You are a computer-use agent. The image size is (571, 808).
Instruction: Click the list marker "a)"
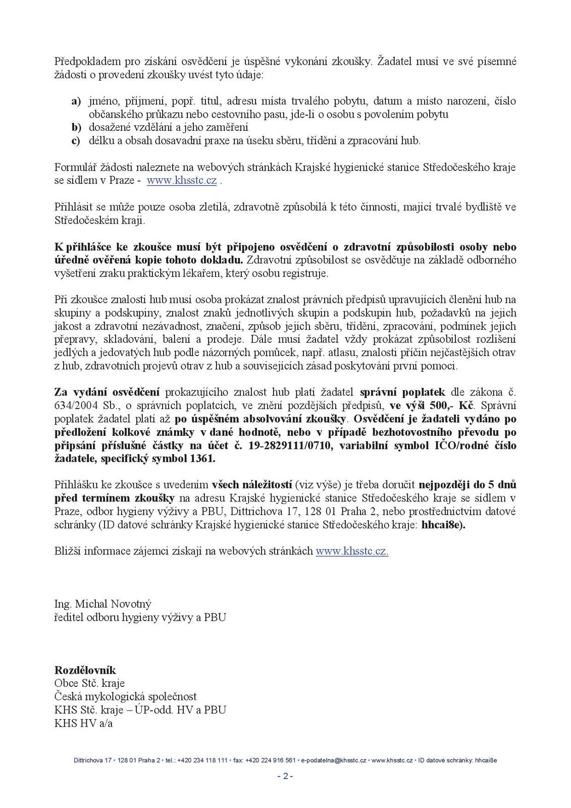[x=76, y=101]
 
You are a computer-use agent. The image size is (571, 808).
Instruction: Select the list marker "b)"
[x=76, y=127]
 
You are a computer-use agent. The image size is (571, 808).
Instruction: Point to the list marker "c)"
[x=76, y=140]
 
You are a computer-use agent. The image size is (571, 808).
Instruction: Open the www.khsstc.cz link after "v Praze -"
[x=182, y=180]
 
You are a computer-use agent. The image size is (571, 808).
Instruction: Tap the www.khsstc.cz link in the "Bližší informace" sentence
[x=352, y=551]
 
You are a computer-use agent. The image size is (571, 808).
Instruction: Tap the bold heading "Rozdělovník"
[x=85, y=670]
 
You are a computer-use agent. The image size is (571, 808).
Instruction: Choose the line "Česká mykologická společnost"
[x=125, y=696]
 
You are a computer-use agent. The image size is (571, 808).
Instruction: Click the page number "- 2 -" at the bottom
[x=285, y=776]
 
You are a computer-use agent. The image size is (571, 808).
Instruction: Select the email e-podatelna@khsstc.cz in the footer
[x=333, y=760]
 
